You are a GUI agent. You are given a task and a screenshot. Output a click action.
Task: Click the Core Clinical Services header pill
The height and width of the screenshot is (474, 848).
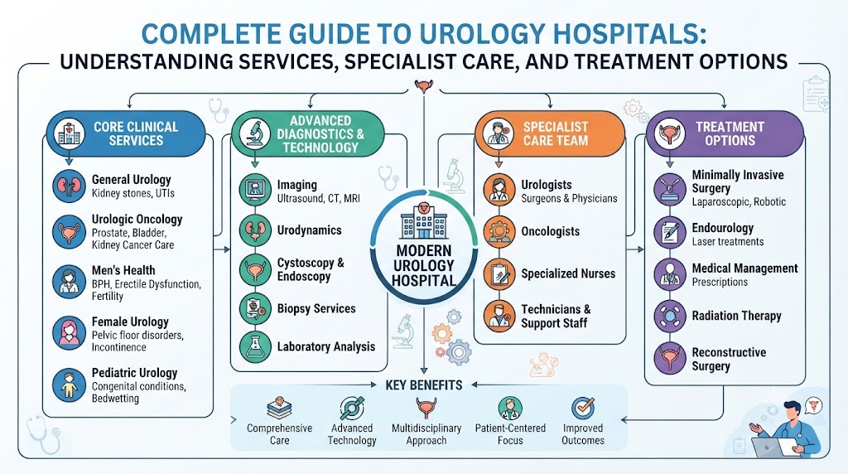tap(126, 133)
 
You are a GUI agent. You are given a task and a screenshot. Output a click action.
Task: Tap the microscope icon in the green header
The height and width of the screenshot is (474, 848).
tap(255, 133)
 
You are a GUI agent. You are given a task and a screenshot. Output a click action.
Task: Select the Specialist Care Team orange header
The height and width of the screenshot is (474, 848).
tap(550, 133)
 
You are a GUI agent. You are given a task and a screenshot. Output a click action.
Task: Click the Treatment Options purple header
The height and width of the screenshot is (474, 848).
tap(725, 133)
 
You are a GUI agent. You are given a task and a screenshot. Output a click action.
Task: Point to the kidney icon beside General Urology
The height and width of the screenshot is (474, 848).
tap(69, 186)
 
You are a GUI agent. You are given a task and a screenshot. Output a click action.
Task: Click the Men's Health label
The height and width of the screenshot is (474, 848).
tap(123, 270)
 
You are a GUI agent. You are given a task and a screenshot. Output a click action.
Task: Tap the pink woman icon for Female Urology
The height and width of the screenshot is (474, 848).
tap(69, 333)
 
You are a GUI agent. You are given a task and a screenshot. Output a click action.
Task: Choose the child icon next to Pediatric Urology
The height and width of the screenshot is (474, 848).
tap(69, 385)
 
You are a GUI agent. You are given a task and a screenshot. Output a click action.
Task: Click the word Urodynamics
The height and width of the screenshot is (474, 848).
tap(310, 230)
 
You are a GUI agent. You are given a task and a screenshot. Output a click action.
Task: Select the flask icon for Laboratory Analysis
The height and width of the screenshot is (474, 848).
tap(255, 346)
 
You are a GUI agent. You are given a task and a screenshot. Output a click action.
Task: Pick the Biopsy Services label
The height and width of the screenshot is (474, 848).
tap(316, 308)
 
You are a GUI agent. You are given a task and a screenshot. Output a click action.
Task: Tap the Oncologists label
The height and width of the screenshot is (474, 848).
tap(550, 231)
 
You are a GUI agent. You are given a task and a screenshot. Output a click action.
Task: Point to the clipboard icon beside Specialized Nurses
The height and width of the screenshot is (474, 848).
tap(499, 273)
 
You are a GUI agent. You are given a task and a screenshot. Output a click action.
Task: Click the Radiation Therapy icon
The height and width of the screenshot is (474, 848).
tap(670, 316)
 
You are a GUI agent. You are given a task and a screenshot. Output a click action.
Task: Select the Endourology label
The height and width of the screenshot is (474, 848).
tap(722, 228)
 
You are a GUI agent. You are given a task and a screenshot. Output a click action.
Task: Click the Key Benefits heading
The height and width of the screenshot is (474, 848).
tap(424, 385)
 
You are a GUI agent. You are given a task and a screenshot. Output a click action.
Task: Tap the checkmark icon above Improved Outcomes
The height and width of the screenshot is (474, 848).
tap(583, 408)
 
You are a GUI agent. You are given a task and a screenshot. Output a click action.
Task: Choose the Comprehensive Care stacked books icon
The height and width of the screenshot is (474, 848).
tap(279, 409)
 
